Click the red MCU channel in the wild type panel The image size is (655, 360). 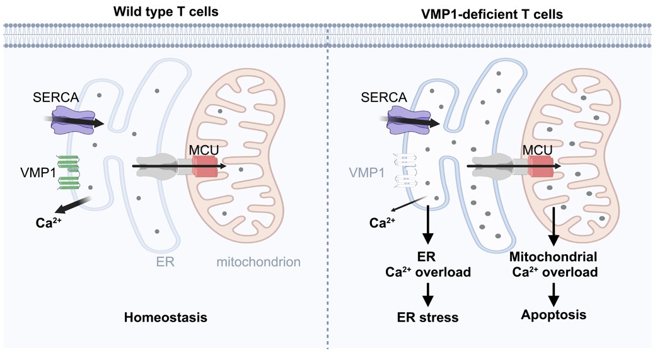(205, 167)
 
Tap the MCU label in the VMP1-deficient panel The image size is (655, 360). (538, 151)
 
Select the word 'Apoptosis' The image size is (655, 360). (554, 313)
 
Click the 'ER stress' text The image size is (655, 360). (427, 317)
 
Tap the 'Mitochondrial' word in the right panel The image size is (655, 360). (553, 258)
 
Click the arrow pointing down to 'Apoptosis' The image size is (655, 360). (554, 291)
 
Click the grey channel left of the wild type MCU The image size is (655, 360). (162, 165)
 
